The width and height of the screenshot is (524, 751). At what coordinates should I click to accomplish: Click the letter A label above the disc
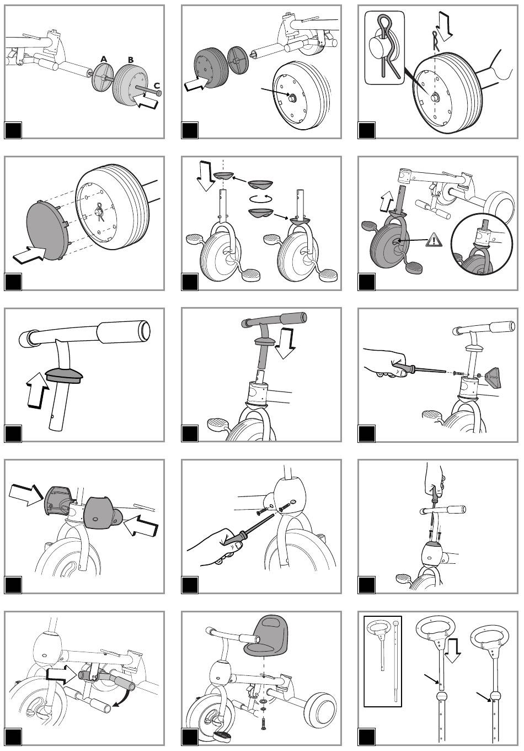click(x=104, y=59)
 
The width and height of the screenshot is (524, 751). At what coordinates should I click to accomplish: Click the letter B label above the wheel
click(x=131, y=60)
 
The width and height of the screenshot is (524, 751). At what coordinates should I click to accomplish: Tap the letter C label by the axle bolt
click(x=157, y=86)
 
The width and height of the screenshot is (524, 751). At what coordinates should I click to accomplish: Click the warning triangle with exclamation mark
click(x=434, y=240)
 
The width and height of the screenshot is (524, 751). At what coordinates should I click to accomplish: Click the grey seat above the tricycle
click(x=267, y=636)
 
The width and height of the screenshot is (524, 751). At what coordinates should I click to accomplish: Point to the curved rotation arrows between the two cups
click(x=261, y=199)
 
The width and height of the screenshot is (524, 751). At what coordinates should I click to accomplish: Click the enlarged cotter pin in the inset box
click(x=388, y=47)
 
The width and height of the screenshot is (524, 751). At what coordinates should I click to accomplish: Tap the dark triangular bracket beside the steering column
click(x=493, y=378)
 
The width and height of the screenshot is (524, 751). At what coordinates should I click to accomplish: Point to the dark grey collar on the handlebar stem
click(x=63, y=375)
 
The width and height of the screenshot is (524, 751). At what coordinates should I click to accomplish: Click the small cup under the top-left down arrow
click(x=223, y=176)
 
